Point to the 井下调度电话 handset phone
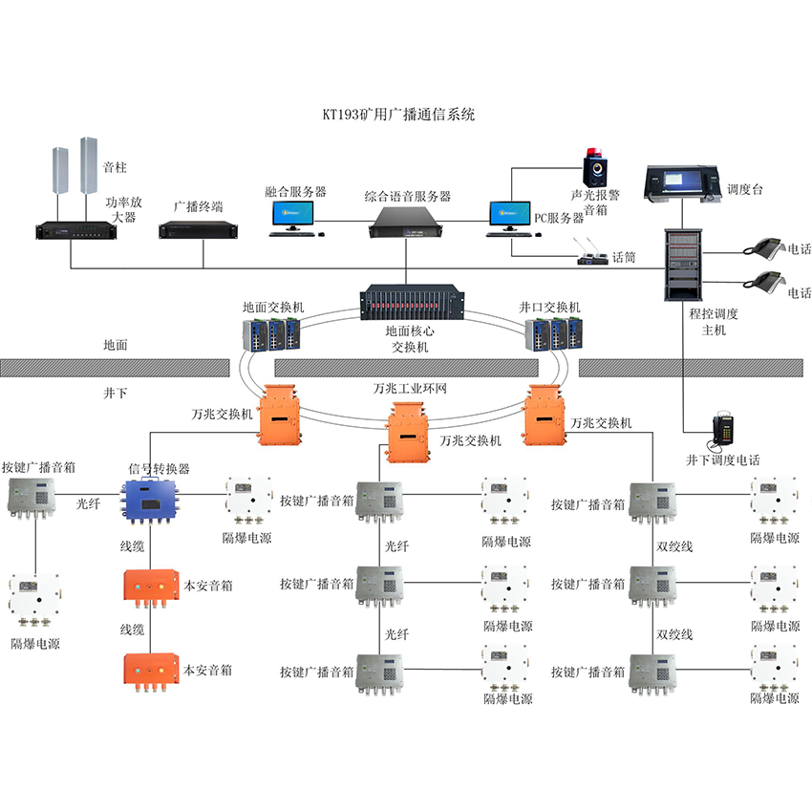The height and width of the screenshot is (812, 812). coord(723,433)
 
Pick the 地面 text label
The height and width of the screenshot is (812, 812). coord(116,345)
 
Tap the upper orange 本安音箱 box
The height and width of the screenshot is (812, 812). coord(151,586)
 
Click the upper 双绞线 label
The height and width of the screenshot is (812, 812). coord(674,546)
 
